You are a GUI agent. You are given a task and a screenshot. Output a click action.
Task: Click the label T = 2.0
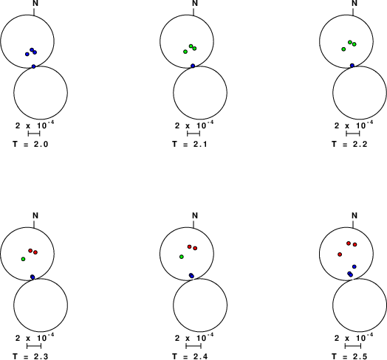[30, 144]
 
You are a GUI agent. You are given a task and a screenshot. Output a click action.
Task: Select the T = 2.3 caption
[30, 356]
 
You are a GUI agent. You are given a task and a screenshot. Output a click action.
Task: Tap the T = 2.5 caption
[349, 356]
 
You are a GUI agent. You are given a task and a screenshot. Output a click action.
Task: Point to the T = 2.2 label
[349, 144]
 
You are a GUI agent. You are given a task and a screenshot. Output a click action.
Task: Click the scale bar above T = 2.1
[193, 134]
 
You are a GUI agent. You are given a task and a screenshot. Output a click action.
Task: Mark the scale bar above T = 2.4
[193, 346]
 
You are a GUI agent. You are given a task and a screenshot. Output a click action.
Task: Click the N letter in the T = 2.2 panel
[355, 3]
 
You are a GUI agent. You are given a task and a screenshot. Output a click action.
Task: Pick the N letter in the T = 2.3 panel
[35, 215]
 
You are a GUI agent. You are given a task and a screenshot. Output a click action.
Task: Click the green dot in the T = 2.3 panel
[23, 259]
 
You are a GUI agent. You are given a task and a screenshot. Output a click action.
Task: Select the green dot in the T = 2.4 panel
[182, 257]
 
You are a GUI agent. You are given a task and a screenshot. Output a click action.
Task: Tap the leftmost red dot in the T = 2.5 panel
[340, 255]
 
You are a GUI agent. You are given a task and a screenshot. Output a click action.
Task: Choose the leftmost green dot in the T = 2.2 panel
[343, 49]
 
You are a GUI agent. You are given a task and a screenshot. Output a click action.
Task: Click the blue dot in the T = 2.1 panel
[193, 66]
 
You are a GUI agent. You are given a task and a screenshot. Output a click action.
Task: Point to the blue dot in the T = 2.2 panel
[352, 66]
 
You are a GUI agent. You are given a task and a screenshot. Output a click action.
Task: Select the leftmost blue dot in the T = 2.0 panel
[27, 54]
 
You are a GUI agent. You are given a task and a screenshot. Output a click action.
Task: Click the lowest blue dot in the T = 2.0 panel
[33, 66]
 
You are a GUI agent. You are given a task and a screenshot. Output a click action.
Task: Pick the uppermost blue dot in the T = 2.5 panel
[355, 266]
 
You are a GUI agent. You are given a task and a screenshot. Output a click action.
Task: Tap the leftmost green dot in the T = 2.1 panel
[185, 52]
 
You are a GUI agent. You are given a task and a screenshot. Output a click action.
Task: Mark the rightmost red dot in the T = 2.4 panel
[195, 248]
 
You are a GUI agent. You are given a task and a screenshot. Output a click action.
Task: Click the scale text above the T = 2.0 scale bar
[35, 125]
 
